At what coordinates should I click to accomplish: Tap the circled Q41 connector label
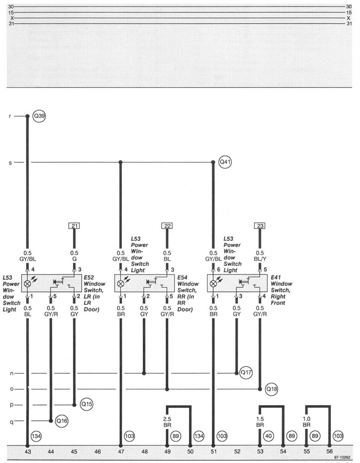coord(225,162)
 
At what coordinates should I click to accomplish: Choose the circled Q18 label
coord(271,389)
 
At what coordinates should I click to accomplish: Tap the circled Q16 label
coord(62,421)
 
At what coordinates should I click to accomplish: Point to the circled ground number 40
coord(268,436)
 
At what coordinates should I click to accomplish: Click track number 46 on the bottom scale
coord(98,451)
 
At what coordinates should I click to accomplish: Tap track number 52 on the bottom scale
coord(237,451)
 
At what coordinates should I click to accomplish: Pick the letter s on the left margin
coord(10,162)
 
